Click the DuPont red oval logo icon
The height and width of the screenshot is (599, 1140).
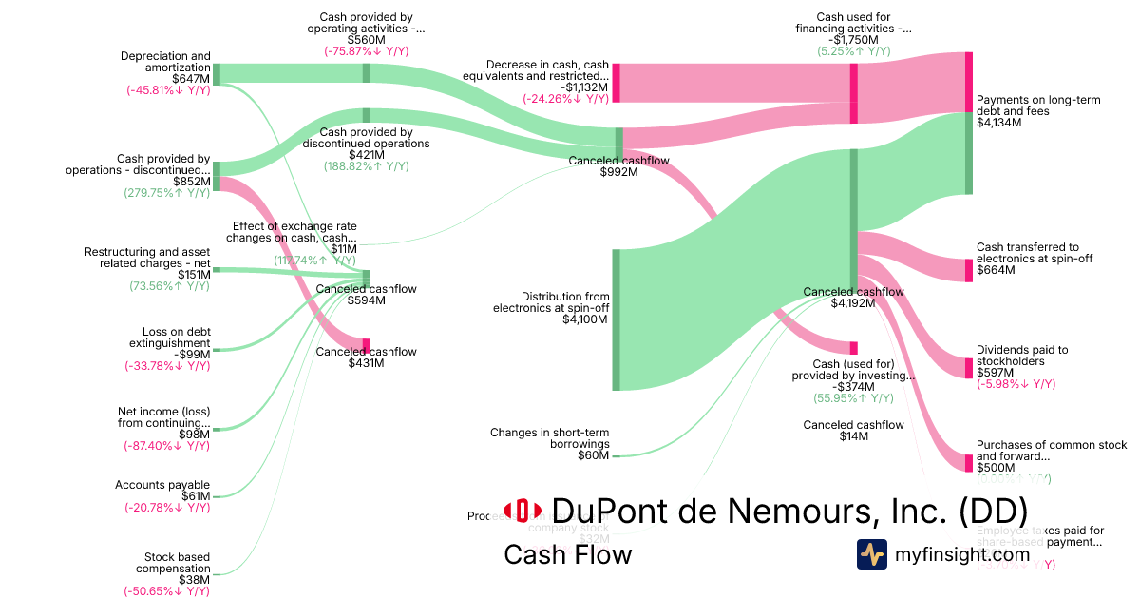pyautogui.click(x=522, y=511)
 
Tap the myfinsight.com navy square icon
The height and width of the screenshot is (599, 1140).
pyautogui.click(x=871, y=554)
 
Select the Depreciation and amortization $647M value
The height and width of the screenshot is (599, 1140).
pyautogui.click(x=192, y=79)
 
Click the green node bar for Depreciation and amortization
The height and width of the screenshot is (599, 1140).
pyautogui.click(x=217, y=73)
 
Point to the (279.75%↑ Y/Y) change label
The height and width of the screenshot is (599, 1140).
pyautogui.click(x=167, y=193)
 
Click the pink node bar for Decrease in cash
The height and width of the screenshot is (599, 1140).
pyautogui.click(x=617, y=83)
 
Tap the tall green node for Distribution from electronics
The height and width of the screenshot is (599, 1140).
pyautogui.click(x=616, y=319)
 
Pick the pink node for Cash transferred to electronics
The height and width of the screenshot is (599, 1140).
pyautogui.click(x=968, y=270)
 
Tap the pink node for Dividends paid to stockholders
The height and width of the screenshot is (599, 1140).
pyautogui.click(x=968, y=368)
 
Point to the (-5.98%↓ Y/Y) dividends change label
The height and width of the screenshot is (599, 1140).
pyautogui.click(x=1016, y=384)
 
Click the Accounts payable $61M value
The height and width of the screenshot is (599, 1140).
pyautogui.click(x=196, y=496)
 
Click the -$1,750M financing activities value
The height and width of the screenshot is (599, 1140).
pyautogui.click(x=853, y=40)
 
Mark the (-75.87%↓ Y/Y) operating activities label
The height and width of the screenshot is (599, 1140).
pyautogui.click(x=367, y=51)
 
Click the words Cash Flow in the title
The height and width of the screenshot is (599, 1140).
pyautogui.click(x=567, y=554)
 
